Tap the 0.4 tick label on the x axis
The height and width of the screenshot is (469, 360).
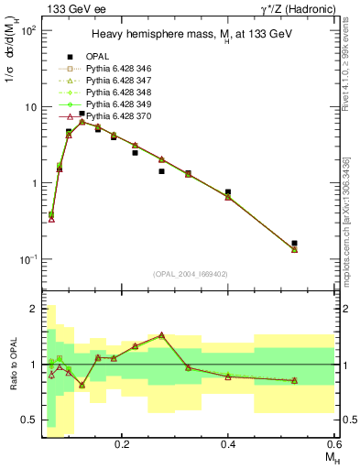(228, 443)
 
